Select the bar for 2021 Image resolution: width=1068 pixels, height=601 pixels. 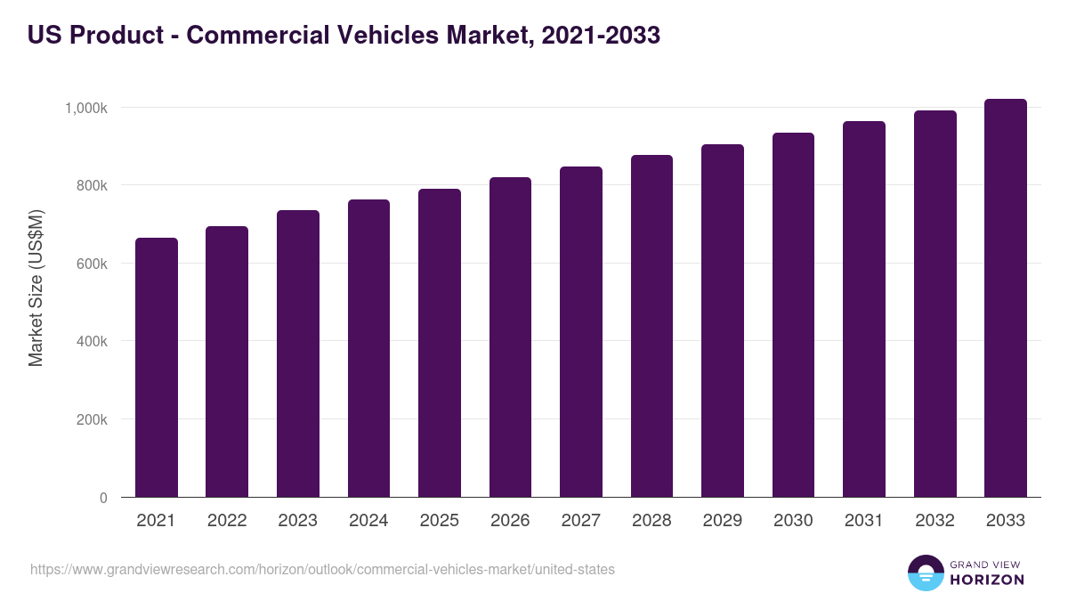point(157,367)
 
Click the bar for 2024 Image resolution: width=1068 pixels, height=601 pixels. point(368,348)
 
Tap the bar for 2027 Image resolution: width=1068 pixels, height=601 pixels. point(581,331)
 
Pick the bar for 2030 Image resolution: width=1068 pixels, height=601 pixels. point(793,314)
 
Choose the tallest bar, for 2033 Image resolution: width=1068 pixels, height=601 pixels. point(1006,297)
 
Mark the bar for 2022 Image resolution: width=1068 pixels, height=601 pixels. point(227,361)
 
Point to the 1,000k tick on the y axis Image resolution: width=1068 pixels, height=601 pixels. point(85,108)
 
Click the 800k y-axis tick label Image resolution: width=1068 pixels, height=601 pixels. point(90,186)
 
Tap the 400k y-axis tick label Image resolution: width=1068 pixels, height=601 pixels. point(90,342)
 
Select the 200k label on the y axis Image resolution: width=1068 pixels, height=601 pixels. point(90,419)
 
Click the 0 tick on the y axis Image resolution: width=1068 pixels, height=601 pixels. point(103,498)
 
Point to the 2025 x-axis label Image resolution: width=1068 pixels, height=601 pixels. point(440,521)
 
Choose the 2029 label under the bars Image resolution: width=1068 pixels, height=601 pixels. point(723,521)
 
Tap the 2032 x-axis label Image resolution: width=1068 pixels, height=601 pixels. point(934,521)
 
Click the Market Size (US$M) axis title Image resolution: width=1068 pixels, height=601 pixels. point(36,288)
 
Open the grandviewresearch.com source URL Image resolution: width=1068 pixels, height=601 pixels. point(322,569)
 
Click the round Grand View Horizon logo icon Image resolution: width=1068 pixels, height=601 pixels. point(926,573)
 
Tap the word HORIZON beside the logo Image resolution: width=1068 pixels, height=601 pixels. point(986,580)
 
